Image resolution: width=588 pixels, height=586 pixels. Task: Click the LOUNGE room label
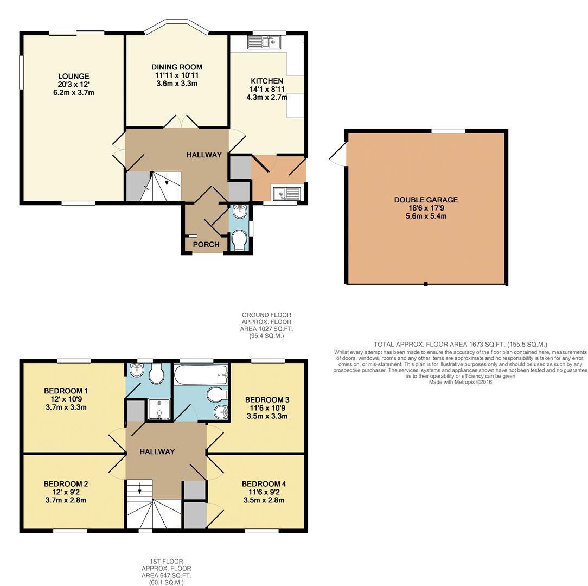[74, 77]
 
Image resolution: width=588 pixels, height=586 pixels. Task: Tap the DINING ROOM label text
[176, 67]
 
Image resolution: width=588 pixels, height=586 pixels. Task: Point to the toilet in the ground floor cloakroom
[239, 238]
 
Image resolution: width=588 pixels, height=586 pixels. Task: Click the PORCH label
[206, 245]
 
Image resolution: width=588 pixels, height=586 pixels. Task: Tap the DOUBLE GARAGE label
[426, 200]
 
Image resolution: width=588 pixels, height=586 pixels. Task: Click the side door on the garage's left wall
[337, 155]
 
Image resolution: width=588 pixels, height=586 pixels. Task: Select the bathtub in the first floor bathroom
[200, 373]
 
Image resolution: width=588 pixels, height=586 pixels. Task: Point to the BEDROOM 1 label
[66, 391]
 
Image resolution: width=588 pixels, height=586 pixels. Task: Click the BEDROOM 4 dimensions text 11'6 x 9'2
[264, 492]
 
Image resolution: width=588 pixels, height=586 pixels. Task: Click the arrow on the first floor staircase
[140, 489]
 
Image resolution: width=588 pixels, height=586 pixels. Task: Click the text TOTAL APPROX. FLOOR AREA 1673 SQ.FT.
[439, 344]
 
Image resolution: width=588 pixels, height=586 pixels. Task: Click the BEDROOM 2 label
[66, 484]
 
